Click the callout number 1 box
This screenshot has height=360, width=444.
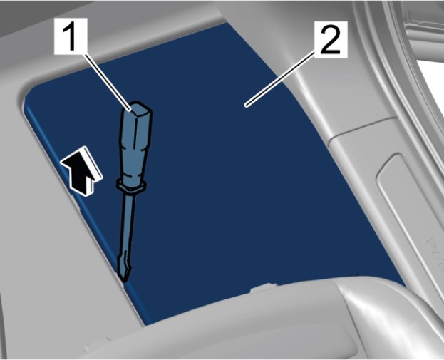[x=71, y=36]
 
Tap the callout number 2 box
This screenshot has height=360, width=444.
[x=330, y=38]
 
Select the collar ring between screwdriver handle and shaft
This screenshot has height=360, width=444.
[x=131, y=186]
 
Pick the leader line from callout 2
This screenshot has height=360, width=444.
[x=280, y=80]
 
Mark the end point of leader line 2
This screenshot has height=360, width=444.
[x=246, y=106]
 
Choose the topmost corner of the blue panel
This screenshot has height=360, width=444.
[x=225, y=24]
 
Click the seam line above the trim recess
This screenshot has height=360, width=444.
[x=360, y=128]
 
